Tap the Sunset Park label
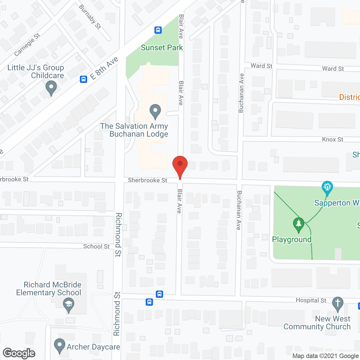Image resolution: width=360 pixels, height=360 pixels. (162, 48)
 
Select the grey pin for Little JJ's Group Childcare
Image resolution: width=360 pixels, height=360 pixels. (51, 88)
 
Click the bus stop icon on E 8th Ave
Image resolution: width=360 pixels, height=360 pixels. (84, 79)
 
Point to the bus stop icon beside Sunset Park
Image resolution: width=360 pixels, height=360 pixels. (158, 30)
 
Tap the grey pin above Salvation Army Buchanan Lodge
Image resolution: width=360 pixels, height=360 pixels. (155, 111)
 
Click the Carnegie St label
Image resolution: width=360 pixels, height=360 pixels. (27, 45)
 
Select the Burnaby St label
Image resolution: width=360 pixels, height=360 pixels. (90, 17)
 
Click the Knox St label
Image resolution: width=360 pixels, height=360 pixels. (332, 139)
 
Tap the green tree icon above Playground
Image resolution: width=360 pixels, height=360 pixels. (298, 225)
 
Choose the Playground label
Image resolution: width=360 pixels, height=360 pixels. (292, 240)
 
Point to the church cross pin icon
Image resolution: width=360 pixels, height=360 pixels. (337, 304)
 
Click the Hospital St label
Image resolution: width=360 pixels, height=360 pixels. (311, 300)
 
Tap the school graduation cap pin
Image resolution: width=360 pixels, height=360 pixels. (68, 305)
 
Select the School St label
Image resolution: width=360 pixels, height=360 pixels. (96, 247)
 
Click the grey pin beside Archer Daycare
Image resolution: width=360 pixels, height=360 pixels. (59, 346)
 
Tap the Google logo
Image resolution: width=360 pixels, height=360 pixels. (19, 353)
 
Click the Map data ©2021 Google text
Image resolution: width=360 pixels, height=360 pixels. (325, 356)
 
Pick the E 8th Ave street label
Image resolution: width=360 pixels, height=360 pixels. (104, 68)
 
